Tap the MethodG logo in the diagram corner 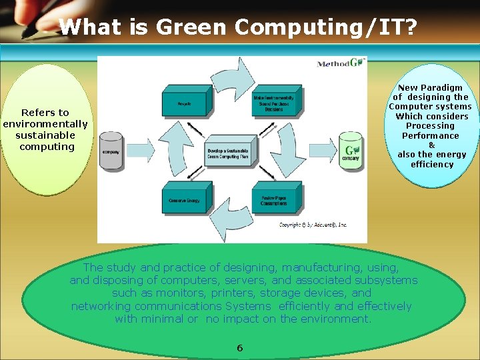(340, 63)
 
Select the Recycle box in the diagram (185, 104)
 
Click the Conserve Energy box (185, 200)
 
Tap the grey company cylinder (111, 150)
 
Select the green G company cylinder (350, 150)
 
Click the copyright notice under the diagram (313, 225)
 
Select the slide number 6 (240, 348)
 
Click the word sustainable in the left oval (45, 135)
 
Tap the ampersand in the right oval (431, 145)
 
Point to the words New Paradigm (430, 87)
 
